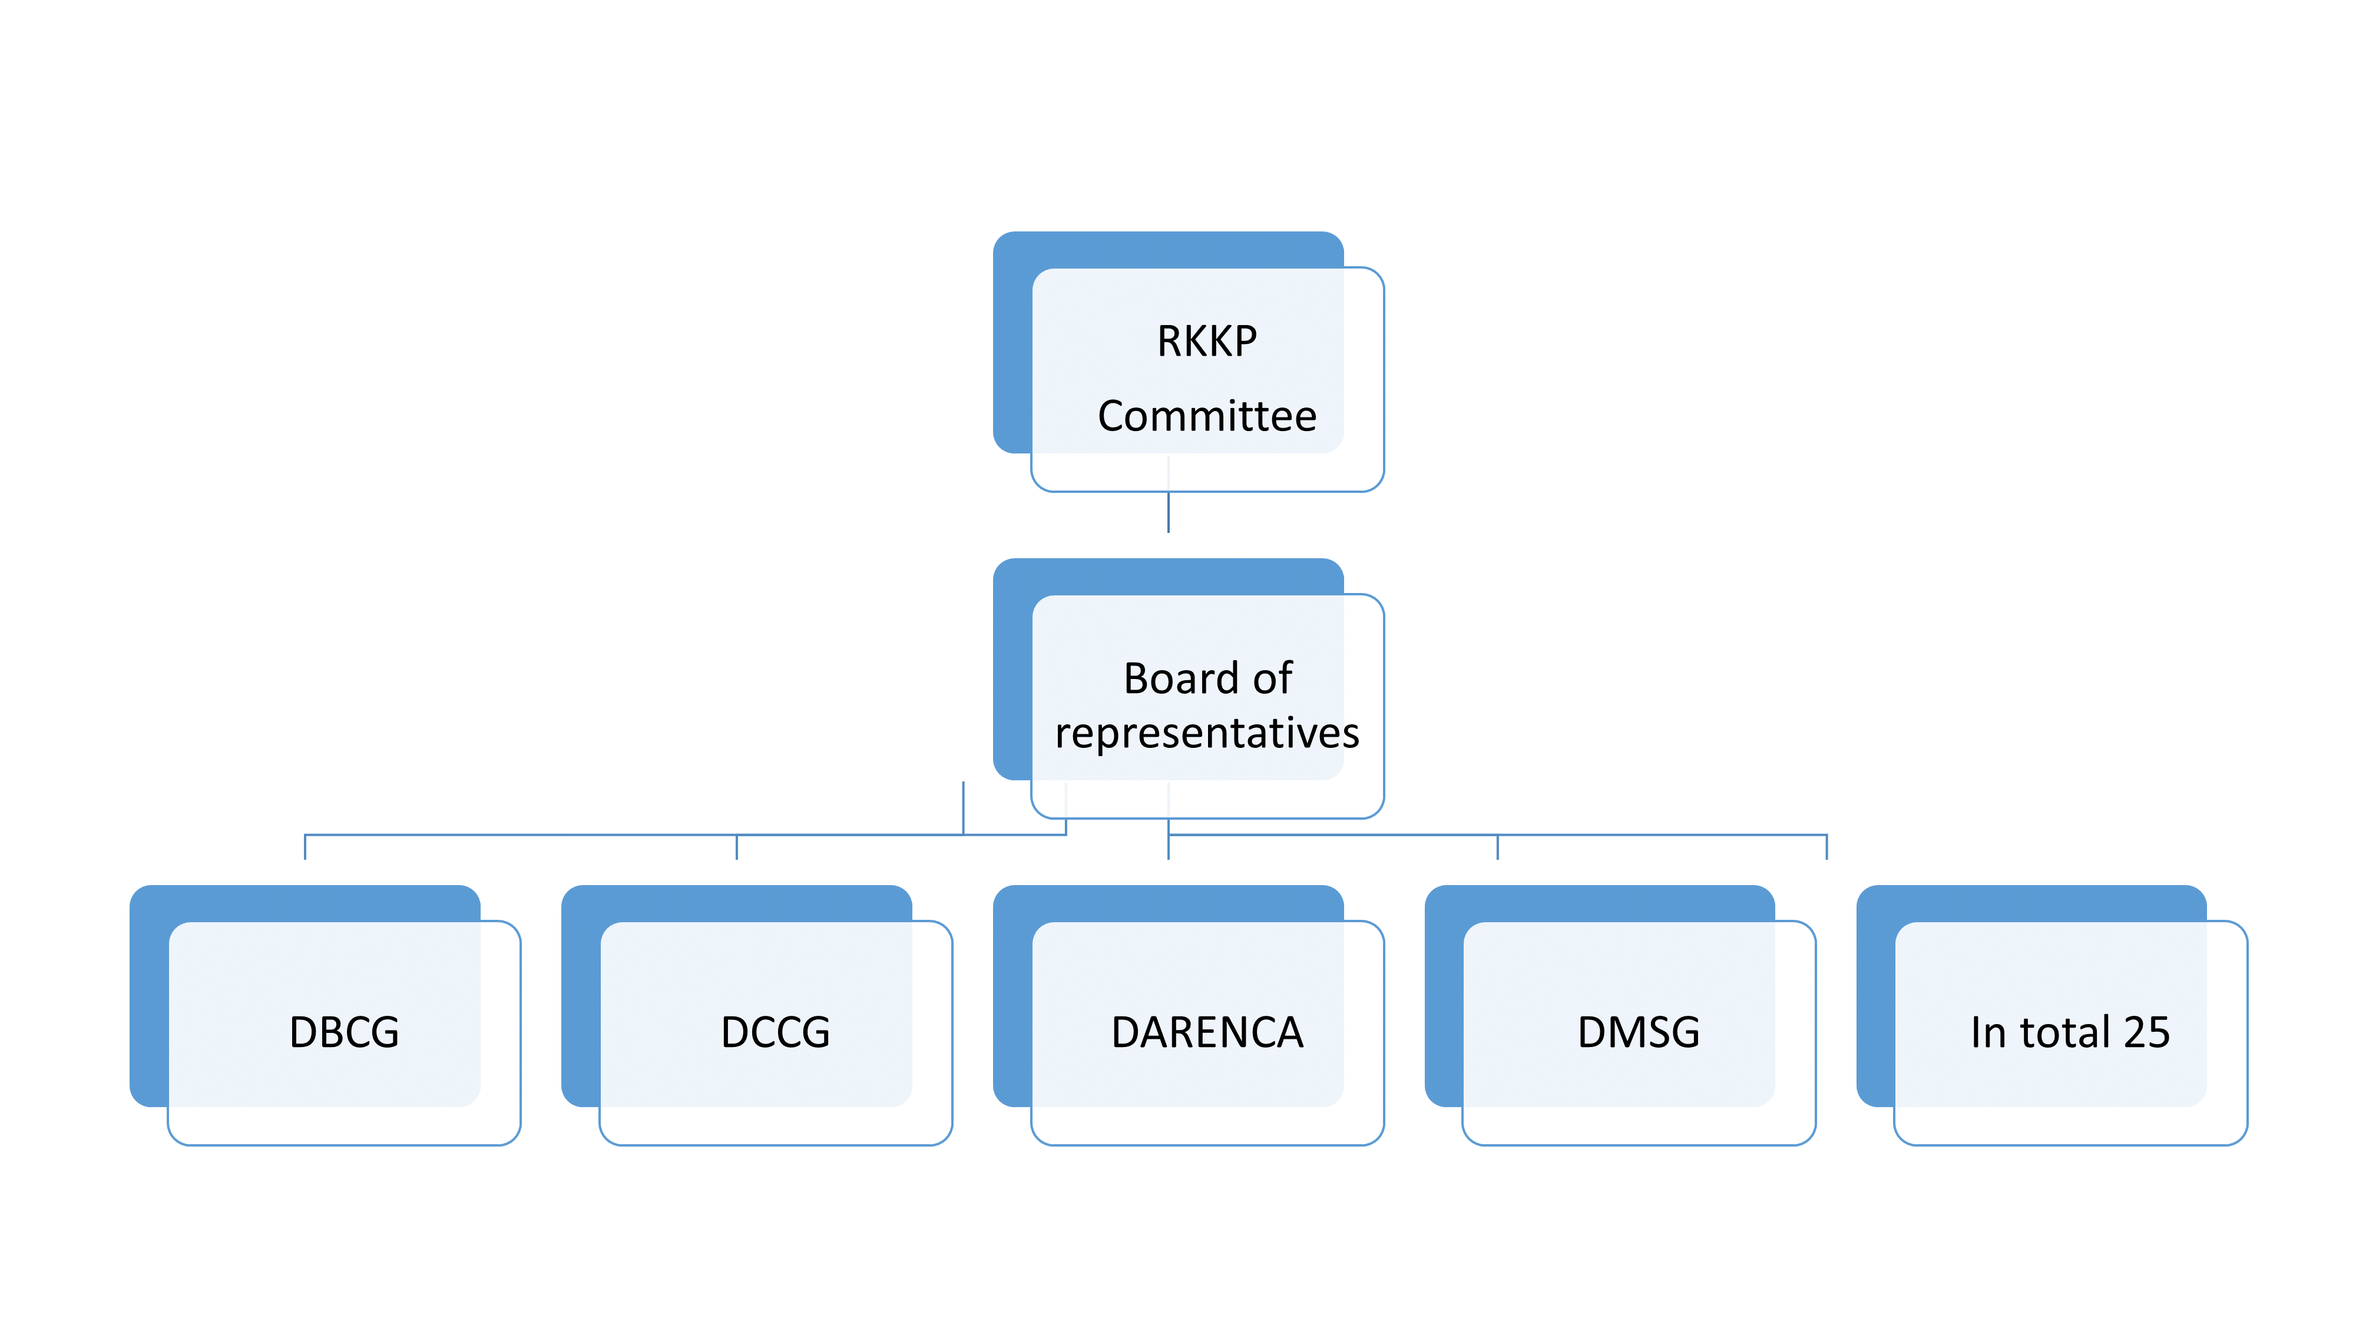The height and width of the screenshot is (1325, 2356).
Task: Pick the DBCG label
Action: click(x=344, y=1032)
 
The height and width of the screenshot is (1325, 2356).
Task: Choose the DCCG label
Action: click(x=776, y=1032)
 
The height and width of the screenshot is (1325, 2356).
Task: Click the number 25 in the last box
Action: click(x=2146, y=1032)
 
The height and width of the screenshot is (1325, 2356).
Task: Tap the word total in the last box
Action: click(x=2064, y=1032)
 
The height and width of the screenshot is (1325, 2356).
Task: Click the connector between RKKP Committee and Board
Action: click(x=1168, y=512)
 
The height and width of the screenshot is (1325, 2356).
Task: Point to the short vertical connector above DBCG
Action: click(x=305, y=847)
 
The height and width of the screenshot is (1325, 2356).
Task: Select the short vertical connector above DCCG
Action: click(x=736, y=847)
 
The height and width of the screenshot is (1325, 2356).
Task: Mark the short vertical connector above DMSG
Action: click(x=1497, y=847)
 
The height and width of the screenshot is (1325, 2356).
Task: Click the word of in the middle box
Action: click(x=1272, y=678)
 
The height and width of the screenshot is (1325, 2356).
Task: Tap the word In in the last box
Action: click(x=1988, y=1032)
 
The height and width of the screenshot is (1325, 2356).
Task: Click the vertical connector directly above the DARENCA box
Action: click(x=1168, y=847)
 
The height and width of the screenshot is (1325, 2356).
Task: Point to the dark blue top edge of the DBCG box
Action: click(x=305, y=902)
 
